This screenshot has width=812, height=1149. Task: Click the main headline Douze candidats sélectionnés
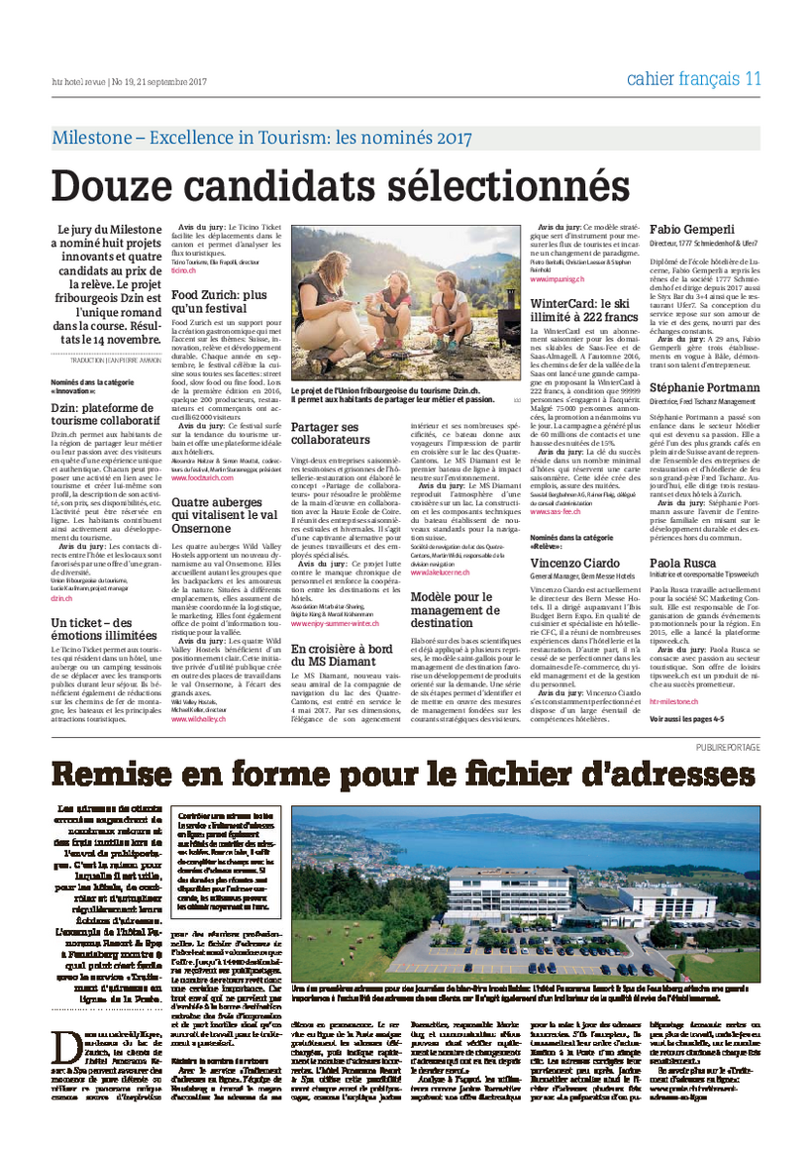click(x=340, y=186)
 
